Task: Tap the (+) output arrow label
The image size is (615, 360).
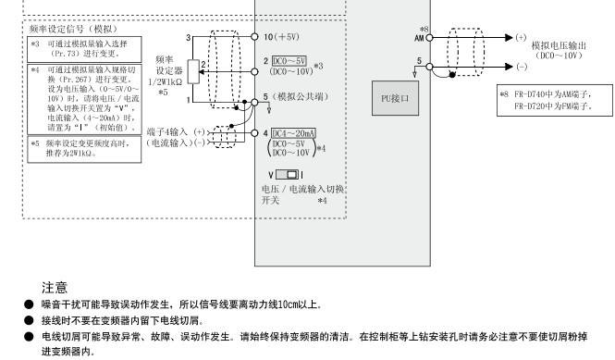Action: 522,37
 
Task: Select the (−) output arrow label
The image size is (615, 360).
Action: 522,68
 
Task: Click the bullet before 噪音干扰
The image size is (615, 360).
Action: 29,304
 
